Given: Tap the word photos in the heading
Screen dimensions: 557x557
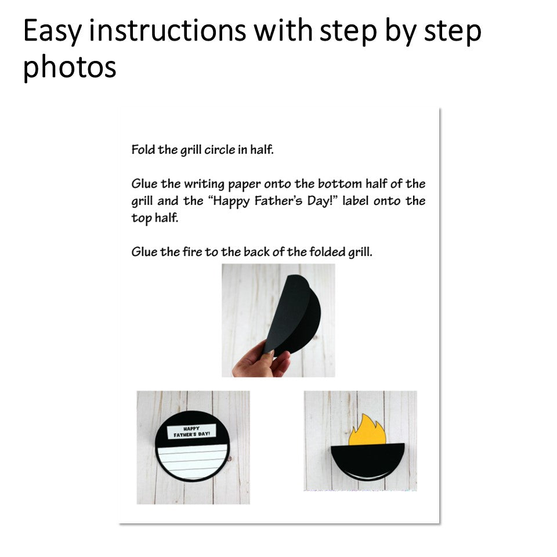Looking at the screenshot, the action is [70, 67].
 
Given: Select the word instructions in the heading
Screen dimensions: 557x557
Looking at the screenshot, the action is [167, 31].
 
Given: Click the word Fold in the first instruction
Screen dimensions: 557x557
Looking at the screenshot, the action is [143, 150].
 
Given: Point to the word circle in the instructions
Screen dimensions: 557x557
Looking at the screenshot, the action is [219, 150].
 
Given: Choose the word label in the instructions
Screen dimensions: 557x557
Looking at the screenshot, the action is [355, 201].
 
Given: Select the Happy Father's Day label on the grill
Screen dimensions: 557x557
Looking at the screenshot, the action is [191, 431].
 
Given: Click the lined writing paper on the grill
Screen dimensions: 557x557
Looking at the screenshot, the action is [192, 461].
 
